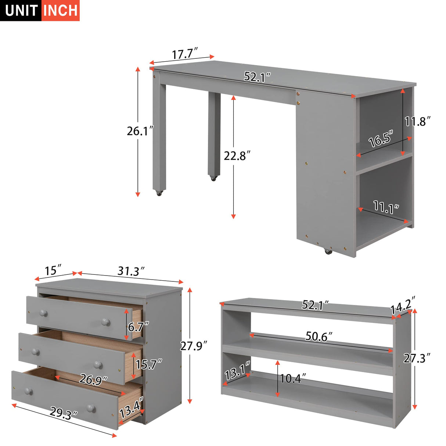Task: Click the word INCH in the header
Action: click(61, 10)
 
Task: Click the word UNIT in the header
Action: click(21, 10)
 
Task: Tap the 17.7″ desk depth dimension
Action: click(185, 54)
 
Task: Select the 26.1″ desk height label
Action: click(140, 131)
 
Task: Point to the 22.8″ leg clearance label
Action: click(237, 156)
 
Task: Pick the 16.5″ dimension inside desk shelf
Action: click(381, 139)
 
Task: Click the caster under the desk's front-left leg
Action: click(159, 193)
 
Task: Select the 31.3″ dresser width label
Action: click(131, 271)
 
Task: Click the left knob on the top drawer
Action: click(44, 313)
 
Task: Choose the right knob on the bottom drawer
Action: click(91, 408)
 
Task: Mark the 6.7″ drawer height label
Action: click(139, 326)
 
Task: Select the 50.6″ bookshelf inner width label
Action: click(319, 336)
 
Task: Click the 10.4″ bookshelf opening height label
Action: click(293, 378)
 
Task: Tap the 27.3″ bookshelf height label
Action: click(417, 358)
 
